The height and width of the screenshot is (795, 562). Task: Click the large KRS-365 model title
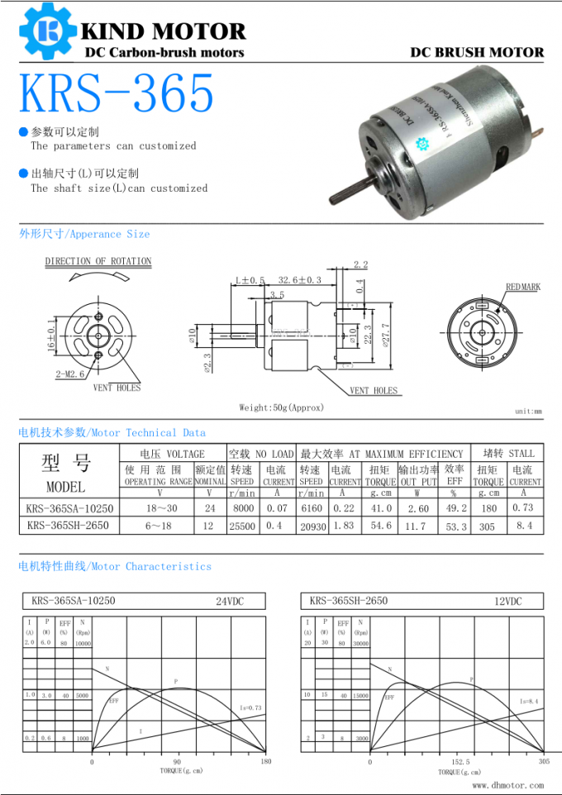coord(117,93)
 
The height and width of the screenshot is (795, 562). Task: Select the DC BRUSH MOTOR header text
coord(477,52)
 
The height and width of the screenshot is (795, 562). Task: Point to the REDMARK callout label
coord(522,288)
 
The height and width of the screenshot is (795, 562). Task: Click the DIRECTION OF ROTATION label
coord(98,261)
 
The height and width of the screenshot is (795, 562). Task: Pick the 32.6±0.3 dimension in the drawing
coord(299,281)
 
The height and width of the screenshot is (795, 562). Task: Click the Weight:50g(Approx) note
coord(281,407)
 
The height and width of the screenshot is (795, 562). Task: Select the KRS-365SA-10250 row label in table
coord(69,508)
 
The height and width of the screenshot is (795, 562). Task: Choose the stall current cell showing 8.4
coord(524,526)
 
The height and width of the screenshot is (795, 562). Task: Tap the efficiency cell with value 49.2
coord(455,508)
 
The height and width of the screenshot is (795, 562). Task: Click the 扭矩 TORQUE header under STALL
coord(488,475)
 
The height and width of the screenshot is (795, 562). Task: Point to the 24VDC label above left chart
coord(230,602)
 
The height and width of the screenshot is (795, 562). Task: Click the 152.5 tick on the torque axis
coord(460,761)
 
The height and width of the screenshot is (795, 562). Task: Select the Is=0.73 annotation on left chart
coord(250,708)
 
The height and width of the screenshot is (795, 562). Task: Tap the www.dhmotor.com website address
coord(507,785)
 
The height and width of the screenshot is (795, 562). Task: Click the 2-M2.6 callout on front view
coord(69,374)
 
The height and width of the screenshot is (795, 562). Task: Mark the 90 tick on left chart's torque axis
coord(178,761)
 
